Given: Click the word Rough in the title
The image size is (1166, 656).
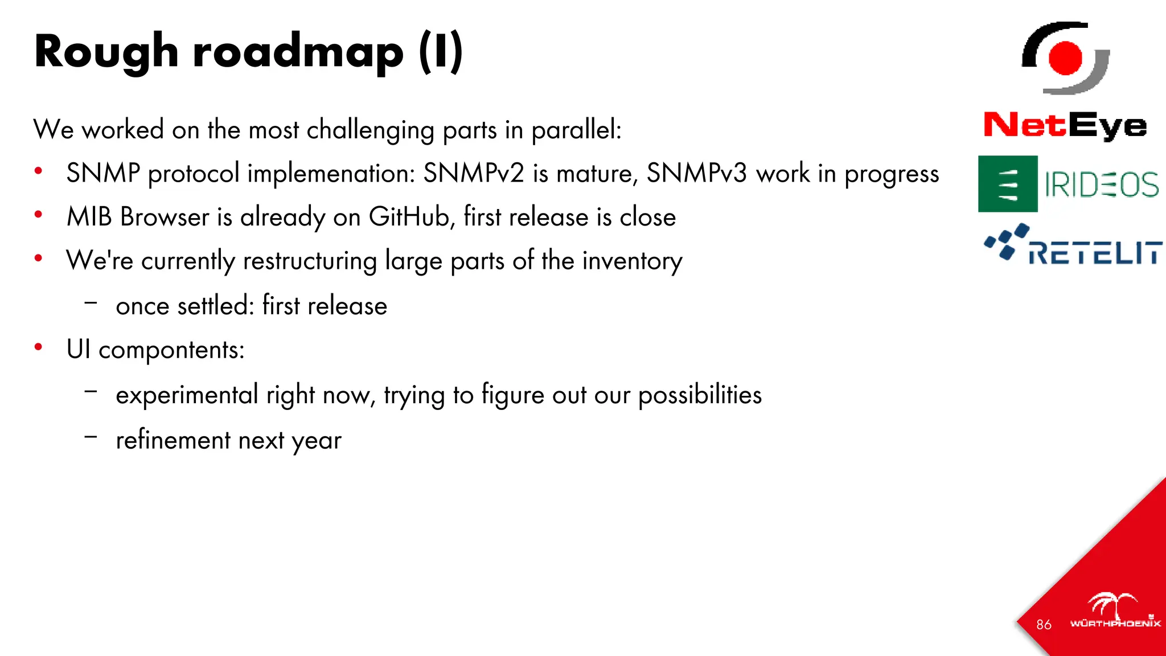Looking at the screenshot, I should click(106, 52).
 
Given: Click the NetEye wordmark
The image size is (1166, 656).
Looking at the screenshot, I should click(1065, 125).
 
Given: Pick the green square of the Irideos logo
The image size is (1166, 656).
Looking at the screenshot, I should click(1008, 184).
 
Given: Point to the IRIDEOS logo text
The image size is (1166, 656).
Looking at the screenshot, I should click(1101, 184).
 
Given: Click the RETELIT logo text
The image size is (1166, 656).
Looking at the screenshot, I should click(1094, 253).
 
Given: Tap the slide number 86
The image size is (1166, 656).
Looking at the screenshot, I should click(1044, 625).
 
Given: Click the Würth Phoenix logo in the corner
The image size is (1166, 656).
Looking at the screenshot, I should click(1115, 612).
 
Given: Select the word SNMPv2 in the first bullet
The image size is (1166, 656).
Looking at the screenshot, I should click(473, 173).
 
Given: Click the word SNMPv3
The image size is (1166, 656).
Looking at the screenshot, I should click(696, 173).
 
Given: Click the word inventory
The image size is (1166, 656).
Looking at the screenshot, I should click(632, 261).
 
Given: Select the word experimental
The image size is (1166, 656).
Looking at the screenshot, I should click(187, 395).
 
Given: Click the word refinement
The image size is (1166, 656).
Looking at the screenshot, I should click(173, 440).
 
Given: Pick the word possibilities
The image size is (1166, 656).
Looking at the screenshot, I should click(700, 395).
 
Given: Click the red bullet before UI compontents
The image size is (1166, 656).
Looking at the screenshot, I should click(38, 347).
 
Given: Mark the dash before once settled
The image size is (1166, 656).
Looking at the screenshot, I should click(91, 302).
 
